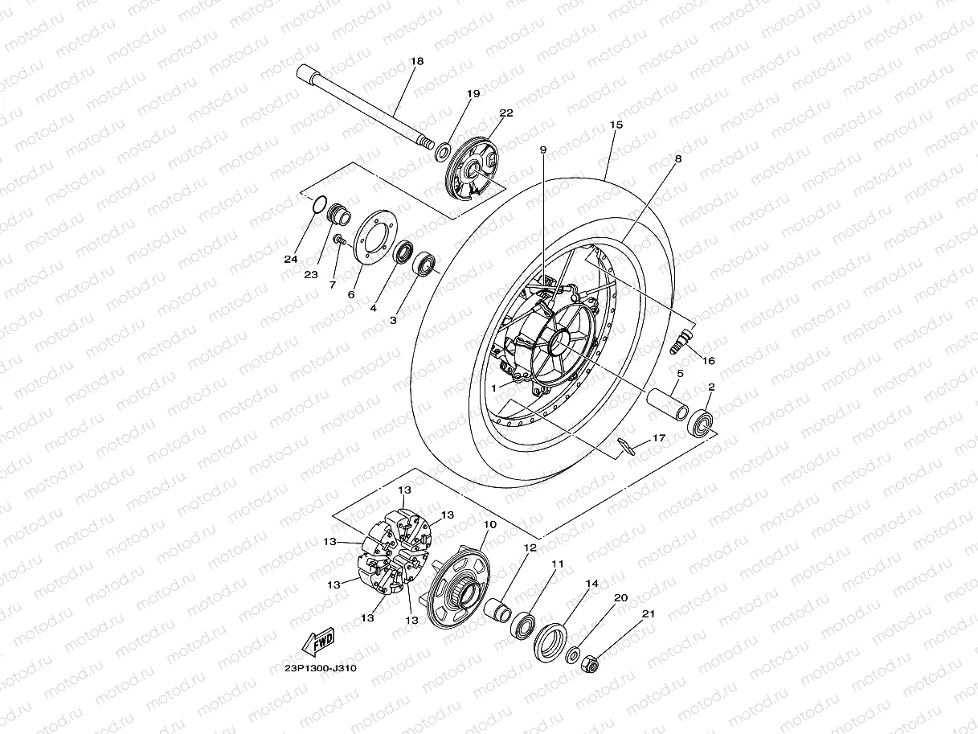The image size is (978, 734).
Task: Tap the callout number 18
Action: pos(416,61)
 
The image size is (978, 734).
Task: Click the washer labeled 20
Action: pos(575,654)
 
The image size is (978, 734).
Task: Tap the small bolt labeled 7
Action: pos(339,239)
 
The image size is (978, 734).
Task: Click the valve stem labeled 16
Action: pos(679,341)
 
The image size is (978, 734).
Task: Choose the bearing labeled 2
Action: pos(702,422)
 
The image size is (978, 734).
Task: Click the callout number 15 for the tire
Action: pos(616,125)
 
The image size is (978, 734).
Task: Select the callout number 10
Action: pos(489,524)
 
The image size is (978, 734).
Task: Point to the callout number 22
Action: pos(505,113)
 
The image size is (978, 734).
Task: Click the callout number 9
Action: pos(542,150)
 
